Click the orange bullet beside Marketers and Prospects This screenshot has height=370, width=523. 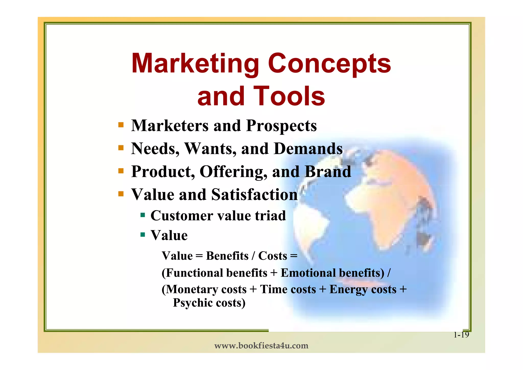point(121,125)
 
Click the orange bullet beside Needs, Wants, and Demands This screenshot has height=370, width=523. point(121,148)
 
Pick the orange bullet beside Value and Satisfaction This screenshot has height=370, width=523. point(121,194)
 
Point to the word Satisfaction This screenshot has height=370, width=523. point(254,195)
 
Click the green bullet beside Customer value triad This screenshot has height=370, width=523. point(143,215)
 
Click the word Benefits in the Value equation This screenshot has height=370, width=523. point(227,256)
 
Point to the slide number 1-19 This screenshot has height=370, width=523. point(461,335)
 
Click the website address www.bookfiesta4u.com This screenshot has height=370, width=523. point(261,346)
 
